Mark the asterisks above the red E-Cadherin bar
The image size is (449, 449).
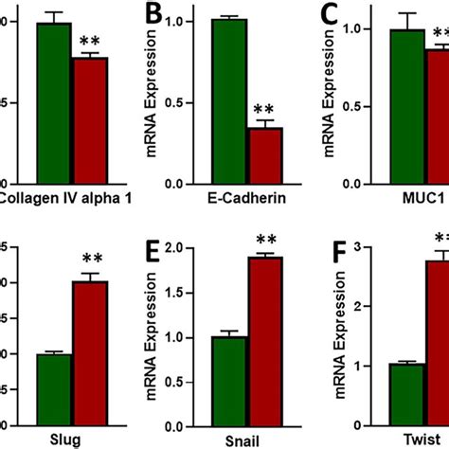266,109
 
